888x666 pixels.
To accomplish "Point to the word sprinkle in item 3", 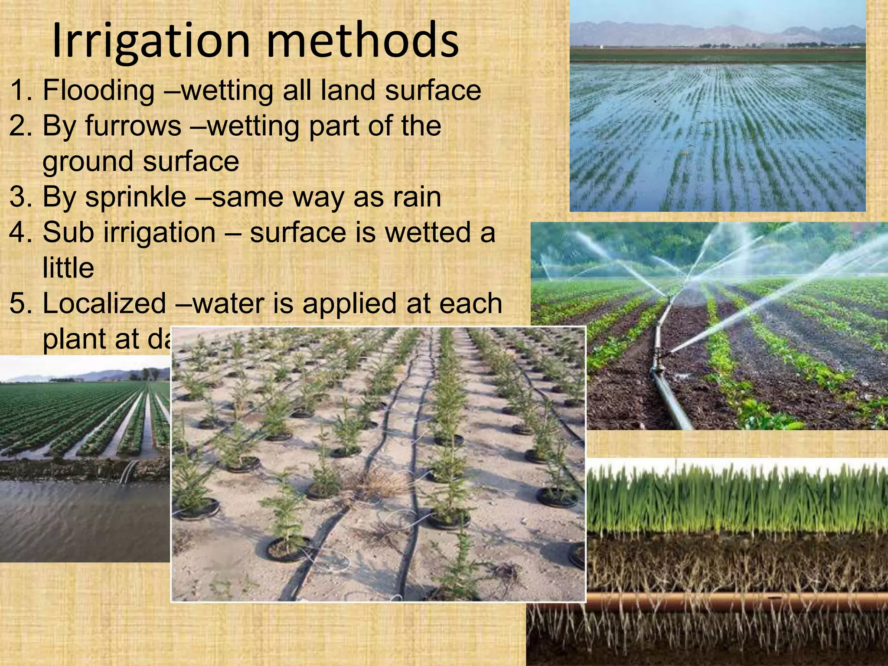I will pos(135,197).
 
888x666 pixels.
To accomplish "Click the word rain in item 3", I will pos(417,197).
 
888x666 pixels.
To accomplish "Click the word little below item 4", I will pos(68,268).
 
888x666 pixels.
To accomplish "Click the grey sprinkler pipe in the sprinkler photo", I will pos(668,390).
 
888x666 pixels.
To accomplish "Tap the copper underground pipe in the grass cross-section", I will pos(737,601).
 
